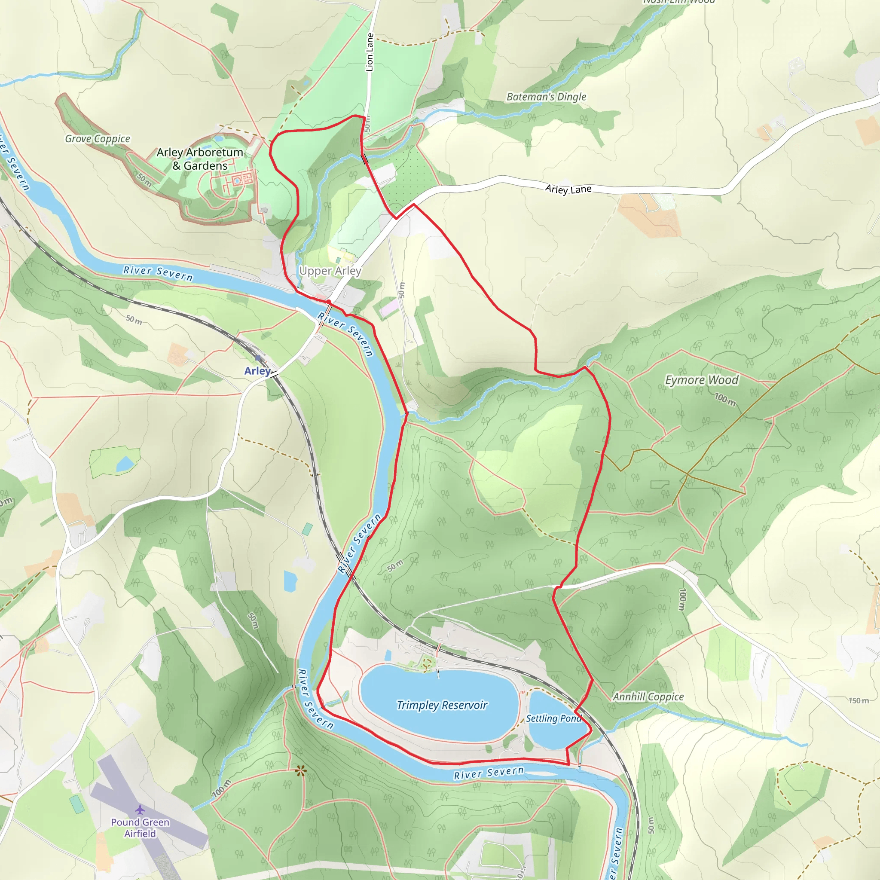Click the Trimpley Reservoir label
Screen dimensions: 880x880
click(x=441, y=705)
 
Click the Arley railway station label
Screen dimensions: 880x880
click(x=257, y=371)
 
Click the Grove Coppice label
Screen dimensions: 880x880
click(x=98, y=139)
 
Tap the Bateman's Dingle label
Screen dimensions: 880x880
click(x=546, y=97)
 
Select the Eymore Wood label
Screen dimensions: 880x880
click(x=701, y=380)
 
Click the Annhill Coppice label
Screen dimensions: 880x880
click(x=648, y=697)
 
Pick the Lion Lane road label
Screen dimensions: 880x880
click(x=370, y=52)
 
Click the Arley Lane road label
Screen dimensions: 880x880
click(x=568, y=189)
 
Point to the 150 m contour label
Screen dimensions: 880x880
click(x=858, y=700)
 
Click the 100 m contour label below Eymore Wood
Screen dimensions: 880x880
click(x=725, y=399)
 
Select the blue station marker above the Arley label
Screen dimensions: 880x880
click(x=258, y=358)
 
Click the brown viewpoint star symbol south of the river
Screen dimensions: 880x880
click(x=300, y=771)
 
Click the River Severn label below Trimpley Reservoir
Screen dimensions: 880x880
click(x=489, y=773)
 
